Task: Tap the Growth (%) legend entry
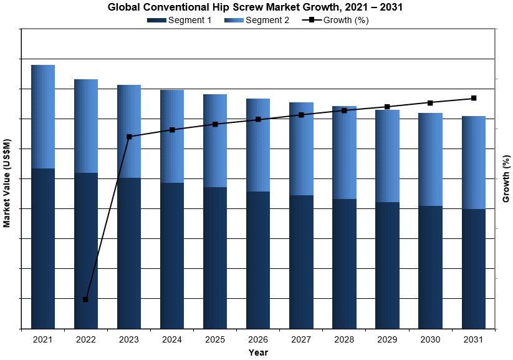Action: coord(337,20)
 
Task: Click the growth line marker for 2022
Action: coord(85,299)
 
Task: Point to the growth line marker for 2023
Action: coord(129,137)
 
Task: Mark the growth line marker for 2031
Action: coord(474,98)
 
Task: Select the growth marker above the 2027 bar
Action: coord(301,115)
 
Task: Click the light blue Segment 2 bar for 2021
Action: coord(43,117)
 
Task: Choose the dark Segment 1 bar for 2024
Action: coord(172,255)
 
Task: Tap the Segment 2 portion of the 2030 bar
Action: coord(430,159)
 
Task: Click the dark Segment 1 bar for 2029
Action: coord(387,265)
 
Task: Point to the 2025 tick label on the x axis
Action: coord(215,339)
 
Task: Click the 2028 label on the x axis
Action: coord(344,339)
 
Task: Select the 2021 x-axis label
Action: coord(43,339)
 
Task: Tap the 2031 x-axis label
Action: coord(473,339)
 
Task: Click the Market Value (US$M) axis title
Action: coord(7,183)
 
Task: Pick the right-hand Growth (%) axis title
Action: coord(506,180)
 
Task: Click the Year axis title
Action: coord(258,353)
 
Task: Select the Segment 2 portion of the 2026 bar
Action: coord(258,145)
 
